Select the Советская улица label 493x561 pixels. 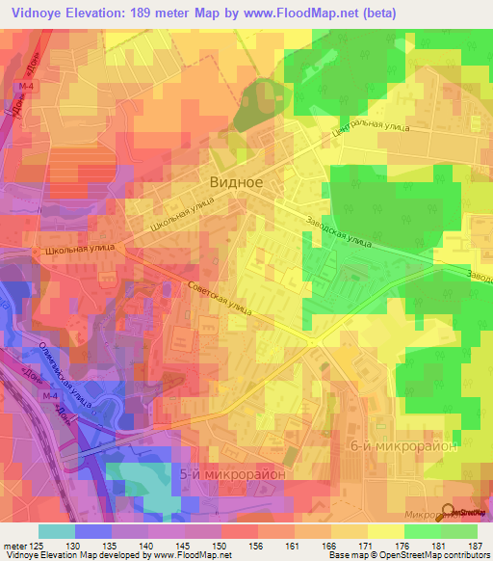click(219, 296)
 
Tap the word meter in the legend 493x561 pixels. click(17, 546)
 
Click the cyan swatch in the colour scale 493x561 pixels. click(57, 531)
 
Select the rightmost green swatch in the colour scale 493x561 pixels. click(459, 531)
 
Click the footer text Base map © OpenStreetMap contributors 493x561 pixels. click(408, 555)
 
